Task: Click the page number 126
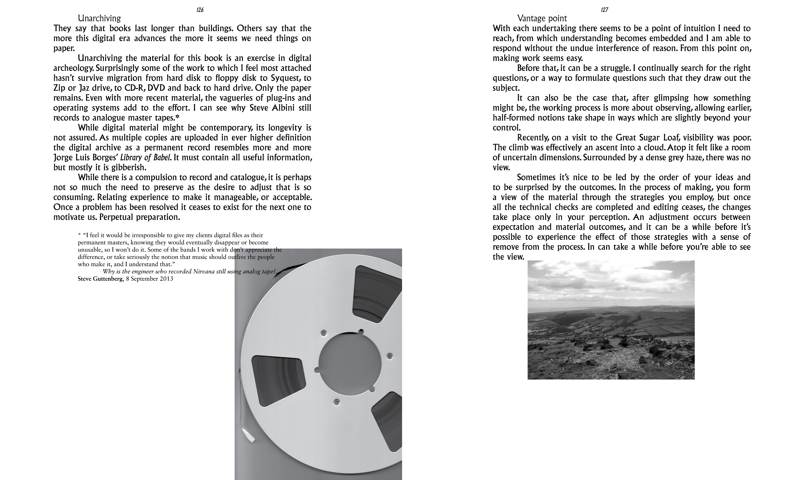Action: coord(200,10)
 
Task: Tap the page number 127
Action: coord(604,10)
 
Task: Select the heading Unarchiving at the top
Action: coord(99,18)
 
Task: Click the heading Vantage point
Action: coord(542,18)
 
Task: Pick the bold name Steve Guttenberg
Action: coord(100,279)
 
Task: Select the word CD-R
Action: coord(134,88)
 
